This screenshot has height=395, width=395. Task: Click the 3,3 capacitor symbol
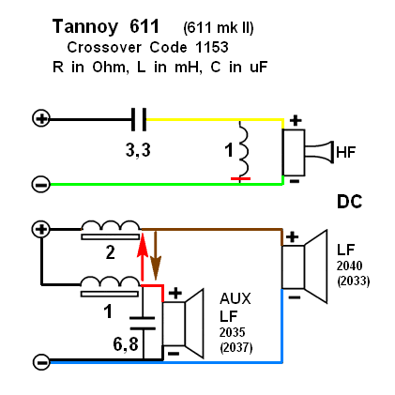click(x=139, y=119)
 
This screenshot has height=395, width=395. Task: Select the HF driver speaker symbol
click(x=307, y=153)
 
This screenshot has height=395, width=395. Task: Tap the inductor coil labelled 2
click(x=111, y=230)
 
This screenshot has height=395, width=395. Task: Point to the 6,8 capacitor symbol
click(x=143, y=323)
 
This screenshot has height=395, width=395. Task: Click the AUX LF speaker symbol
click(x=183, y=324)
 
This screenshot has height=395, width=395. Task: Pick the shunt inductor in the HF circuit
click(x=243, y=148)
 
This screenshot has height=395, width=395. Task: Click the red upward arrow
click(x=143, y=256)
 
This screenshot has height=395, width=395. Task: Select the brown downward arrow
click(x=156, y=254)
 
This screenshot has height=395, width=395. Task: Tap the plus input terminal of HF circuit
click(x=41, y=119)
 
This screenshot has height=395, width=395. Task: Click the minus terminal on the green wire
click(x=41, y=185)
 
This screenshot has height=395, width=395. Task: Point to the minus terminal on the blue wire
click(x=41, y=362)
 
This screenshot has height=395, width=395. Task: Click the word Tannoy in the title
click(x=85, y=27)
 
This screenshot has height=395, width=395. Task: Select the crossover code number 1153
click(x=212, y=48)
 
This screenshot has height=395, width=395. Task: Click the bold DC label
click(x=350, y=202)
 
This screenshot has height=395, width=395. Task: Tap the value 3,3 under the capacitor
click(x=138, y=150)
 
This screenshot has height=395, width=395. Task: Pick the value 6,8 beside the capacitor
click(x=126, y=344)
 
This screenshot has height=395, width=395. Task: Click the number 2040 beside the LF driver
click(x=350, y=266)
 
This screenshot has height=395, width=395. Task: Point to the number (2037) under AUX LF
click(x=236, y=348)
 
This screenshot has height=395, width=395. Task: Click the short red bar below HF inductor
click(x=240, y=178)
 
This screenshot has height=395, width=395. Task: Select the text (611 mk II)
click(x=219, y=28)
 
